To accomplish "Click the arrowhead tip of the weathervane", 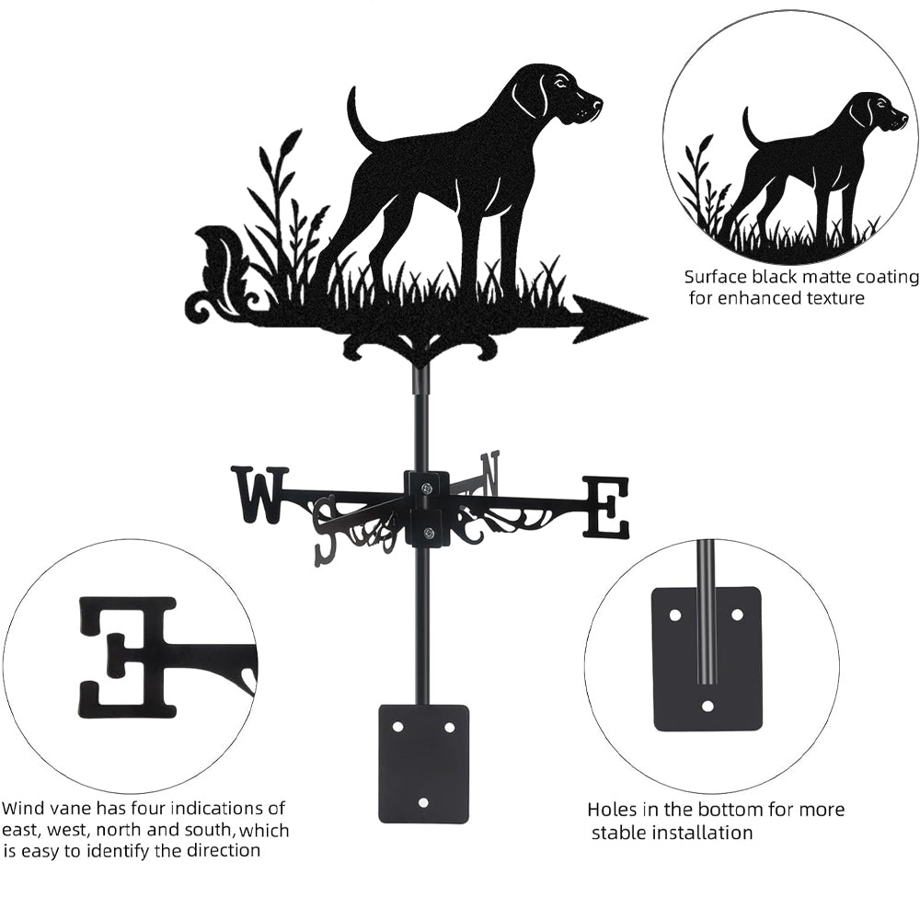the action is [x=647, y=318].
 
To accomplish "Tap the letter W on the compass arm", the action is [x=260, y=494].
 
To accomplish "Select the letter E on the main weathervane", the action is [x=605, y=508].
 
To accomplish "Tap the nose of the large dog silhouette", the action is [x=599, y=103].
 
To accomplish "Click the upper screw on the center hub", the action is [x=427, y=487].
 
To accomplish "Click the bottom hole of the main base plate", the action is [x=423, y=801].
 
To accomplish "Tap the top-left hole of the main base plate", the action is [x=398, y=727].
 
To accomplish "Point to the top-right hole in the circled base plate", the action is [x=737, y=615].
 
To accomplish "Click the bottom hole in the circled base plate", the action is [x=708, y=706].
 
